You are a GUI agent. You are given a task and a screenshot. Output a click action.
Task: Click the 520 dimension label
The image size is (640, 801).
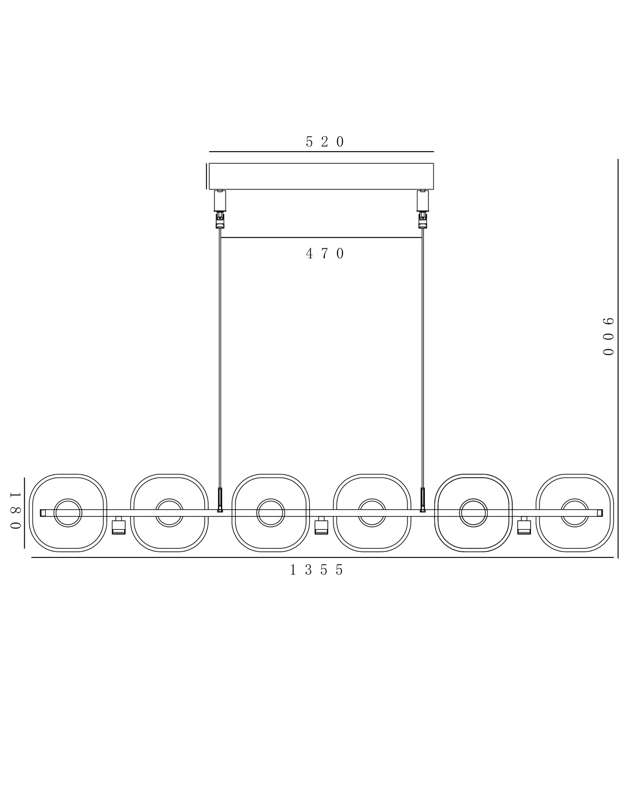(325, 142)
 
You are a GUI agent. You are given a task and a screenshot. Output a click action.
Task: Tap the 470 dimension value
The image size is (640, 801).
(325, 254)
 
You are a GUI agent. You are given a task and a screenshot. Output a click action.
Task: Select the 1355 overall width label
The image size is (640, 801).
(317, 570)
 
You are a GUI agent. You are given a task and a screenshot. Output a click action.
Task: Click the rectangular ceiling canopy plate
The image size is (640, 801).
(321, 177)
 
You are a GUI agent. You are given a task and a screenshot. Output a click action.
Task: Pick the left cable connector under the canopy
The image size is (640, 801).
(220, 209)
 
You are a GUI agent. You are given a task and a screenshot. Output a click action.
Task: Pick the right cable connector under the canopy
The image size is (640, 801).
(423, 209)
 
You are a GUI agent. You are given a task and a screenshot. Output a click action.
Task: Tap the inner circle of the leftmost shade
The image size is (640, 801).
(68, 500)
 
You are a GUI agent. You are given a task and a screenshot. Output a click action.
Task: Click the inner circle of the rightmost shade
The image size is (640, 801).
(575, 500)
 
